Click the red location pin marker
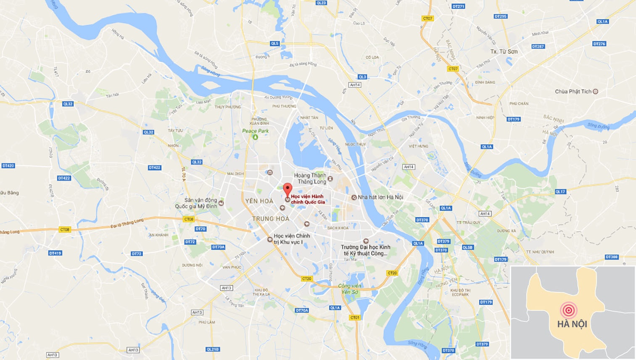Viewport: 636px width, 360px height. (x=287, y=189)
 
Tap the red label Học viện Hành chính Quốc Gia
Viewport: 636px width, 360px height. (x=307, y=199)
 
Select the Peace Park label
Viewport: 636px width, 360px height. (x=255, y=131)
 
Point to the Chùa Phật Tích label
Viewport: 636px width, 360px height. (x=573, y=91)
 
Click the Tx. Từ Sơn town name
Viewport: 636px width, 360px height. (x=504, y=51)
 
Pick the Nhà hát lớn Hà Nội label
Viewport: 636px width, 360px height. (x=380, y=197)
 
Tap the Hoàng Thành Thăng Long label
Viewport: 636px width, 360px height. (x=310, y=178)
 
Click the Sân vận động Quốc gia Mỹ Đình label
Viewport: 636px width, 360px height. (x=196, y=203)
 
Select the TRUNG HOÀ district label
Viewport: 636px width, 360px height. (x=270, y=219)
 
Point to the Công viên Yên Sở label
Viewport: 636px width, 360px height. (x=350, y=289)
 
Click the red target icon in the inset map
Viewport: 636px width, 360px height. (x=568, y=310)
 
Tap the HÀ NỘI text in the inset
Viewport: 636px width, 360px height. (x=572, y=324)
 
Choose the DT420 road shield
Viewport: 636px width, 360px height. (x=8, y=166)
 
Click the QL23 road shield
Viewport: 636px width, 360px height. (x=321, y=3)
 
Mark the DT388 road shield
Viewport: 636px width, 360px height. (x=612, y=257)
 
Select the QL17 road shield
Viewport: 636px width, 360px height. (x=560, y=192)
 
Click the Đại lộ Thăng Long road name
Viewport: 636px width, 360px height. (x=127, y=223)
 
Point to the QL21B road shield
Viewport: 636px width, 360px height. (x=212, y=349)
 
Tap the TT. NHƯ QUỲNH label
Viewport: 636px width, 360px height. (x=540, y=252)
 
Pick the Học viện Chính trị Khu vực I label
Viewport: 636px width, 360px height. (x=291, y=239)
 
